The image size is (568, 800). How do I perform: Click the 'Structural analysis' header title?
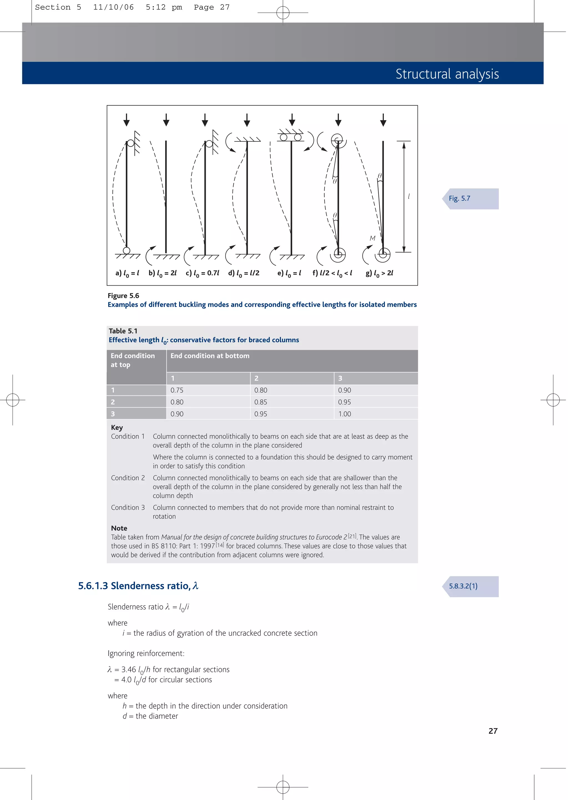pos(447,74)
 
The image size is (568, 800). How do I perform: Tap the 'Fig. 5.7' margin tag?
pos(459,198)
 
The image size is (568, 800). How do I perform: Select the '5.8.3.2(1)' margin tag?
pos(463,586)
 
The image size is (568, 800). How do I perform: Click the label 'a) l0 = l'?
pos(127,273)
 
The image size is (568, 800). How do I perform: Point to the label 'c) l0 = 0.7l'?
pos(202,273)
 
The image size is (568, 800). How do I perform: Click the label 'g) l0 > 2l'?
pos(379,273)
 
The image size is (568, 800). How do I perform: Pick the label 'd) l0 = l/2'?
pos(244,273)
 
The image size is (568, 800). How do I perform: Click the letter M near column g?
pos(372,238)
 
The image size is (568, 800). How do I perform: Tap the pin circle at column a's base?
pos(127,250)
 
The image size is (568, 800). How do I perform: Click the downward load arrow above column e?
pos(292,120)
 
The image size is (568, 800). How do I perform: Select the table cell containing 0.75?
pos(177,390)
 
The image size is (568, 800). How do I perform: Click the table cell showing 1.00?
pos(344,414)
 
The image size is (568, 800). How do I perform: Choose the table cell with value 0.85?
pos(261,402)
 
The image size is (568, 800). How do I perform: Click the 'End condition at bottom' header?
pos(210,356)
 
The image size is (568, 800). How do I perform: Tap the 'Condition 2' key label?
pos(128,478)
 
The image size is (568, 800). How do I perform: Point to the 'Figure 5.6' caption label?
pos(123,296)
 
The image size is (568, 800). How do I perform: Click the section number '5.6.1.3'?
pos(93,586)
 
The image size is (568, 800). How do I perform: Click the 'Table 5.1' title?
pos(123,331)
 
